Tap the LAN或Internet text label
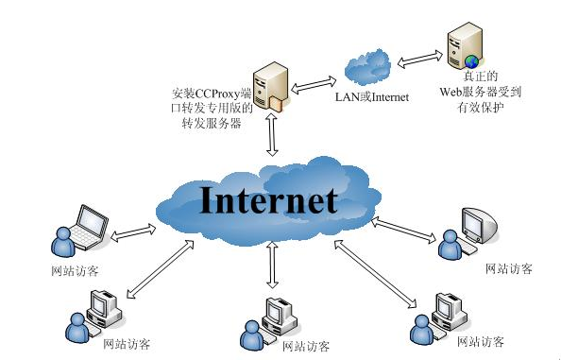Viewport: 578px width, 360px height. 372,96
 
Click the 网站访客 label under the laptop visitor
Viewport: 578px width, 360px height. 76,271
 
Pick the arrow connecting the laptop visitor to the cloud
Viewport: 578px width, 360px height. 133,230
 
